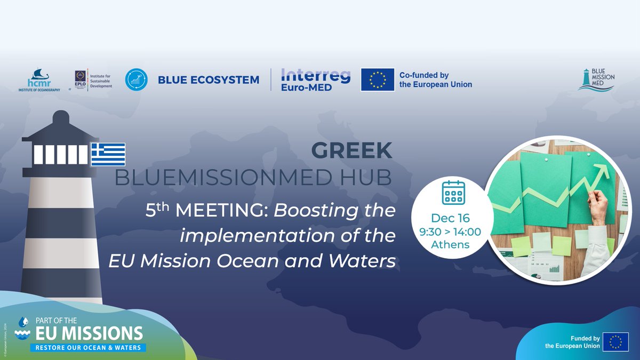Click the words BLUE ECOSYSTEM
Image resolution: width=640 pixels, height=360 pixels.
[x=209, y=80]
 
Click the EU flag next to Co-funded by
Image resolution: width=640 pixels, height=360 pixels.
[x=378, y=79]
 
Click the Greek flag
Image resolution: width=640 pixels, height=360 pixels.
[x=108, y=154]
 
